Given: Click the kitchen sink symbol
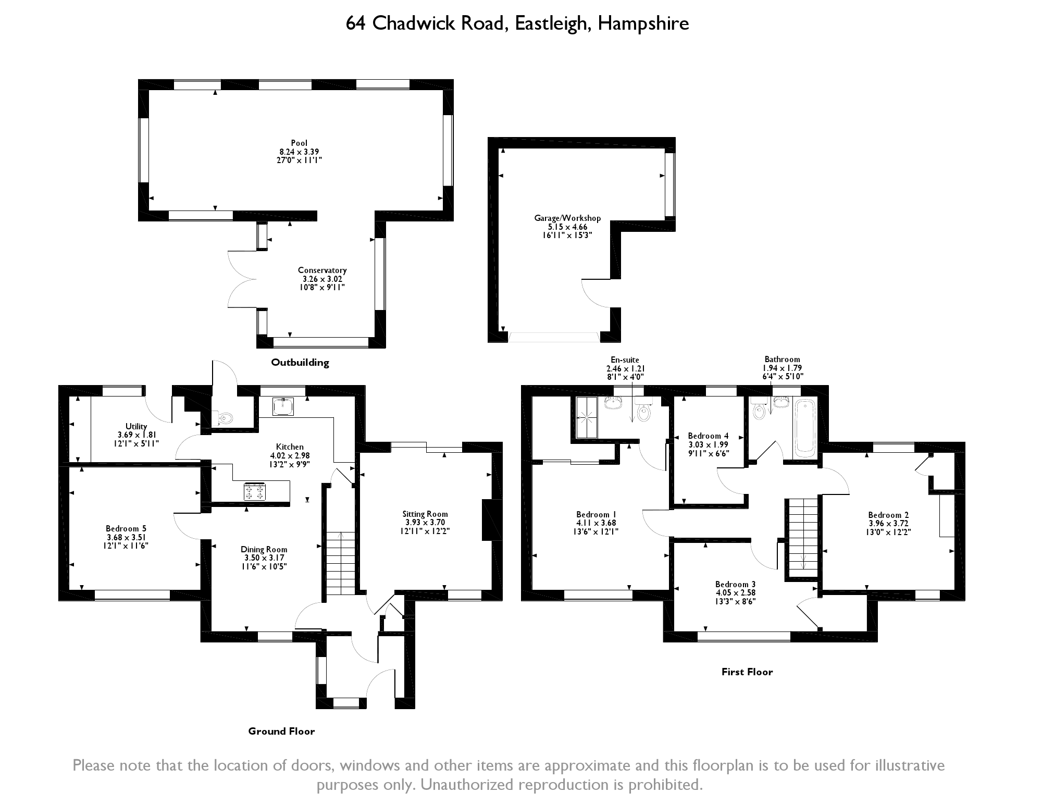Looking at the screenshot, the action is pos(283,406).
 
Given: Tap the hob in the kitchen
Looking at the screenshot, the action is pos(255,492).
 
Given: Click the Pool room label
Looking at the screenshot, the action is pos(299,143).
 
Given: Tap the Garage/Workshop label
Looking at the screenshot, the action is pos(567,218).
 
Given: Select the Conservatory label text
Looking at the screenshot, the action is pos(322,270).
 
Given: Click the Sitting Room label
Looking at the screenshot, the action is pos(425,514).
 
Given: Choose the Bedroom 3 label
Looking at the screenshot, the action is pos(735,584).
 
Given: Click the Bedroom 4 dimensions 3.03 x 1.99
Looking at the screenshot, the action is pos(708,445).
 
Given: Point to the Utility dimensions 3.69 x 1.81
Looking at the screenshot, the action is pos(136,435).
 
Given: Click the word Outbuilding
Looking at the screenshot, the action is pos(300,363).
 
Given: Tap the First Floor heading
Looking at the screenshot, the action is pos(747,672).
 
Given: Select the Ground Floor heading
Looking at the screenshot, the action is pos(281,732).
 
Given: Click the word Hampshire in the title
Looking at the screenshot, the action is pos(643,23).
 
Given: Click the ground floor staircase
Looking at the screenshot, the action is pos(341,563).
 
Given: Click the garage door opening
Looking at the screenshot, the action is pos(553,337).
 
